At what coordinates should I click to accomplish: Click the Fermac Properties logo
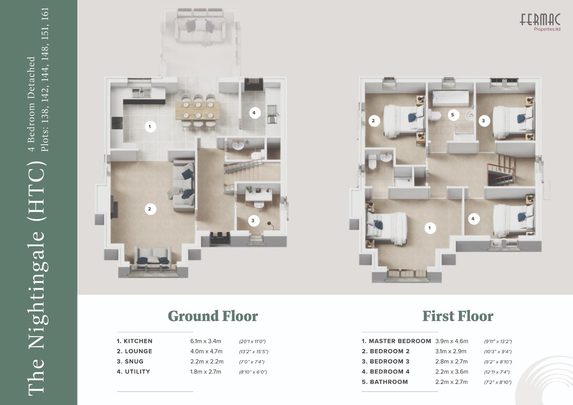click(x=540, y=22)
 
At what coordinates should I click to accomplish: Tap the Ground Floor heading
click(x=213, y=316)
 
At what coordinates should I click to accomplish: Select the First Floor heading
click(x=458, y=316)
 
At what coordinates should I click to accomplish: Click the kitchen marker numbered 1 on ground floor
click(x=150, y=127)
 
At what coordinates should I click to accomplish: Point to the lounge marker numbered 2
click(x=150, y=209)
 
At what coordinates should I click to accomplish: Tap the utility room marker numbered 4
click(x=254, y=113)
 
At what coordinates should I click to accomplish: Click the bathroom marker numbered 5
click(x=453, y=115)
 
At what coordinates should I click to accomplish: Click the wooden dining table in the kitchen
click(x=198, y=111)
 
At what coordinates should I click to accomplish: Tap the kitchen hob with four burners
click(x=117, y=123)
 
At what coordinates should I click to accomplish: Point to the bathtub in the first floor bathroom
click(x=451, y=98)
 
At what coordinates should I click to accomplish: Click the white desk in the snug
click(x=259, y=196)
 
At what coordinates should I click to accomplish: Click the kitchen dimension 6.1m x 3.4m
click(x=206, y=341)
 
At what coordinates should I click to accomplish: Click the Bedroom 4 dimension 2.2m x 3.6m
click(x=452, y=372)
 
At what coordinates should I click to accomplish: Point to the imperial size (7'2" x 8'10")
click(x=498, y=382)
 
